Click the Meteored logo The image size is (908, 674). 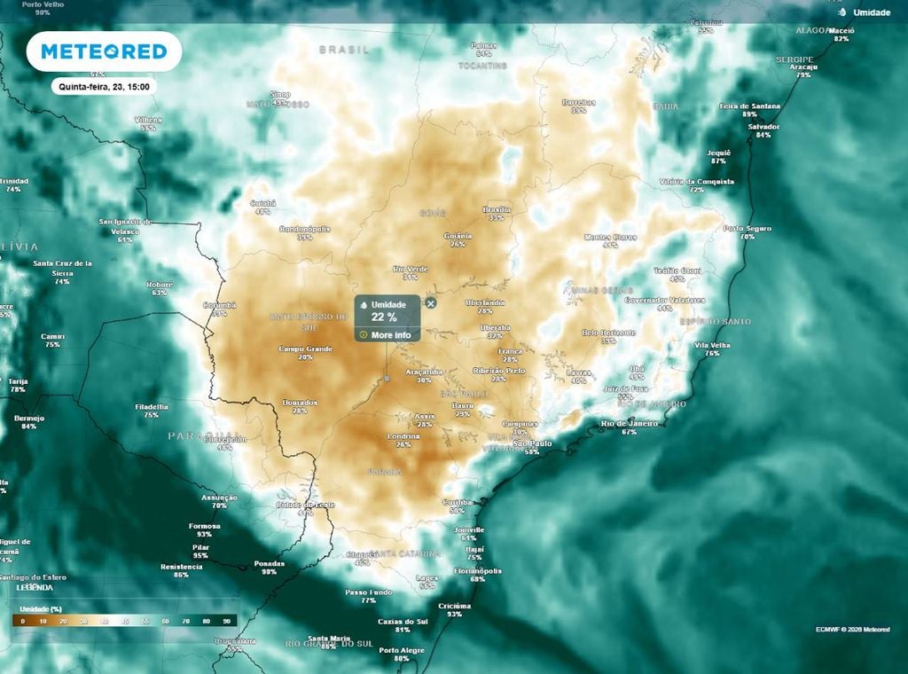click(104, 51)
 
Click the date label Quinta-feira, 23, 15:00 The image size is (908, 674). click(104, 87)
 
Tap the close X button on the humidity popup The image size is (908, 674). click(431, 303)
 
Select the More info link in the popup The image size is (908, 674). click(390, 335)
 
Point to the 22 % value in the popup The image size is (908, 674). click(384, 317)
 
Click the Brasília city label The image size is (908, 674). click(496, 209)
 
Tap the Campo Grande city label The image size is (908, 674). click(305, 349)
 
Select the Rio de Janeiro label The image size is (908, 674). click(629, 424)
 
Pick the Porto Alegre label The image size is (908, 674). click(401, 650)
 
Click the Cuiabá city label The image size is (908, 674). click(263, 203)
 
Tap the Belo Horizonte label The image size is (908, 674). click(608, 333)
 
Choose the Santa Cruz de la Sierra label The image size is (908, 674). click(63, 263)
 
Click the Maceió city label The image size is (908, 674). click(841, 30)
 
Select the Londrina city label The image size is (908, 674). click(403, 436)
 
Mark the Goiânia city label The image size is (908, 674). click(458, 236)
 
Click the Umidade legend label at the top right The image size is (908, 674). click(871, 12)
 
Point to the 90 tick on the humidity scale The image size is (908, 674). click(227, 622)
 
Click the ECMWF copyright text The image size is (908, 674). click(852, 630)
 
